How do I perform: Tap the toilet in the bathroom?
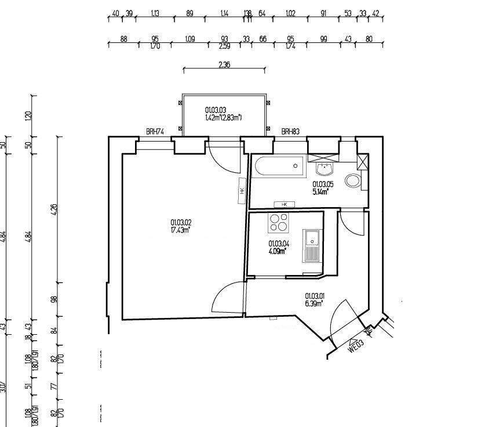pos(352,181)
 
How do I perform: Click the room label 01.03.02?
pos(180,222)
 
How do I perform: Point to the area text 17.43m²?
pos(180,230)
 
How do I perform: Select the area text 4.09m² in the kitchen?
pos(278,252)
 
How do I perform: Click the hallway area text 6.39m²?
pos(314,302)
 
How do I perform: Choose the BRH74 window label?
pos(155,132)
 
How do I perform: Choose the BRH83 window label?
pos(290,132)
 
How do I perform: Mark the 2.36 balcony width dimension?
pos(224,65)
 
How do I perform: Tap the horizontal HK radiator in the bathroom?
pos(285,204)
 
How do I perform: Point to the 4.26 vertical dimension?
pos(54,209)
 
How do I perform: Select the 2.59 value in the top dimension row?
pos(224,46)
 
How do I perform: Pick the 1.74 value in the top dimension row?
pos(290,46)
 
